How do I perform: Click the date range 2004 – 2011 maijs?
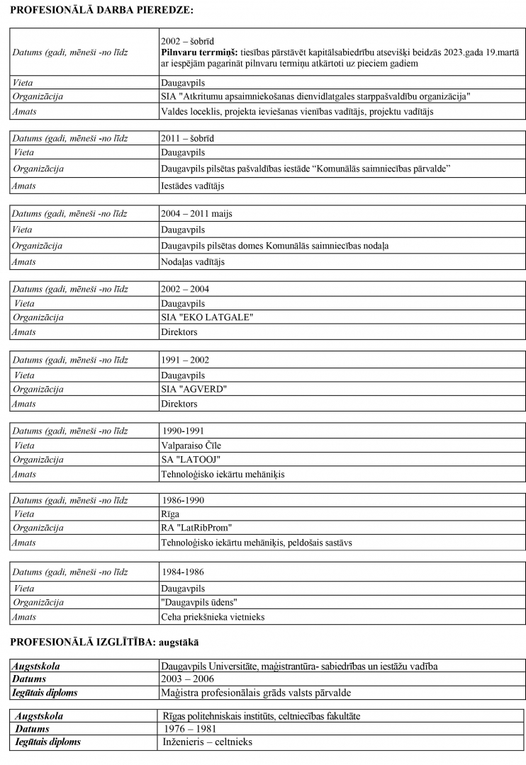coord(196,214)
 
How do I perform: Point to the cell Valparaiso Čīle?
coord(191,446)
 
